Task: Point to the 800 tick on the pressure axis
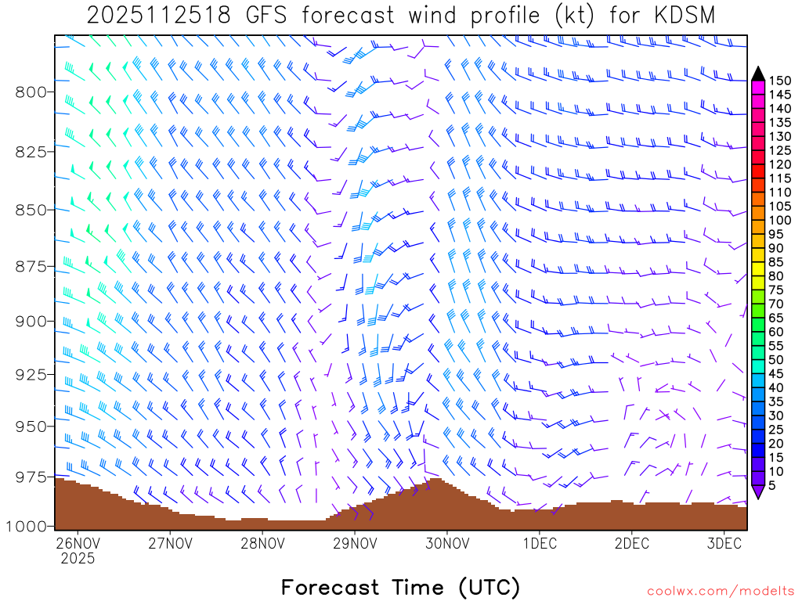(31, 92)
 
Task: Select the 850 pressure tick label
(31, 210)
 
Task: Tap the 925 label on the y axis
(31, 374)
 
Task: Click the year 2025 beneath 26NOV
(78, 559)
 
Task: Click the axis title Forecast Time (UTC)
(400, 587)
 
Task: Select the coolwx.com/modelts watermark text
(720, 591)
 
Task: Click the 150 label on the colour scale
(780, 81)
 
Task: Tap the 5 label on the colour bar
(772, 485)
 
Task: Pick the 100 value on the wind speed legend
(780, 220)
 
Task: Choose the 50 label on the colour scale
(776, 359)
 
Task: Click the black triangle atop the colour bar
(757, 74)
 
